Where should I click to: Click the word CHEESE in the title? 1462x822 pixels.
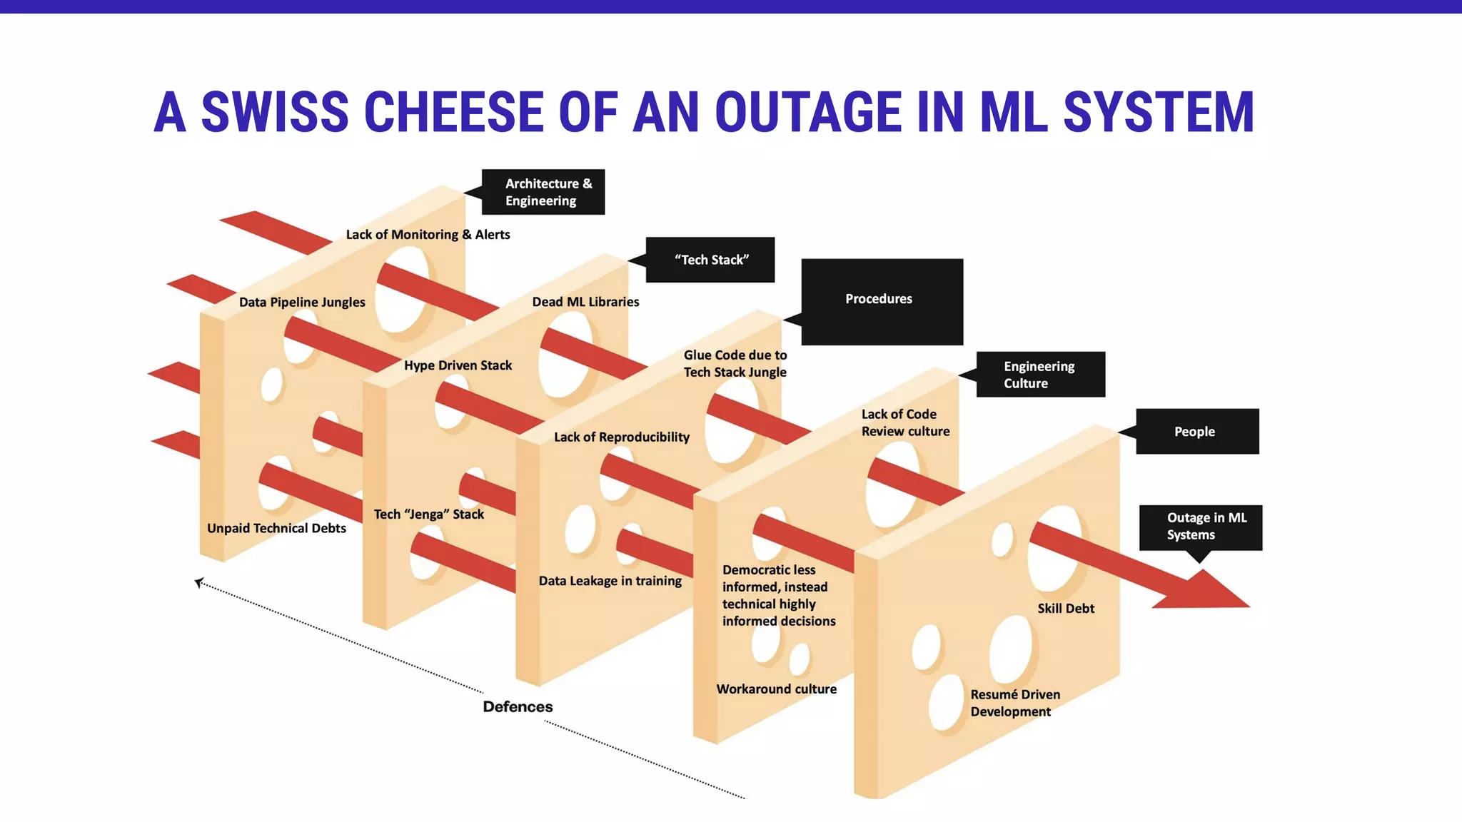pos(454,113)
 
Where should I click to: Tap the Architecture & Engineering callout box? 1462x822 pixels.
pos(543,192)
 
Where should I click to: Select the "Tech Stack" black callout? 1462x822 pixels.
pos(710,260)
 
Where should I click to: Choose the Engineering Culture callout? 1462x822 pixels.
pos(1040,375)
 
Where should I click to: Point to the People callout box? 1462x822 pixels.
pos(1197,432)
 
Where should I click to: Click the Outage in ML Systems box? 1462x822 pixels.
pos(1201,527)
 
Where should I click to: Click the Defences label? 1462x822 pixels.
pos(518,706)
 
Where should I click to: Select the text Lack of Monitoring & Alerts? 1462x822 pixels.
pos(428,235)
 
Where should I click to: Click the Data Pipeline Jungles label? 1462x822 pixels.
pos(302,302)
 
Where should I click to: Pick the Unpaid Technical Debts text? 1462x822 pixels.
pos(276,528)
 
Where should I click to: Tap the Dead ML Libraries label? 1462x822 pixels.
pos(585,302)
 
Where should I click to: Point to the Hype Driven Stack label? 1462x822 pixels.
pos(458,365)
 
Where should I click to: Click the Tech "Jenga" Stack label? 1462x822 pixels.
pos(428,514)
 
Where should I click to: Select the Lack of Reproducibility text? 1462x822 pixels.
pos(622,437)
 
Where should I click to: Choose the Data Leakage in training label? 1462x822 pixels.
pos(610,581)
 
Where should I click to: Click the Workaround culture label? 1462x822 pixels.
pos(776,689)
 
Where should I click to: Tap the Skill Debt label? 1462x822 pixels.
pos(1065,609)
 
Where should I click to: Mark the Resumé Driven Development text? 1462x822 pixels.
pos(1014,703)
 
